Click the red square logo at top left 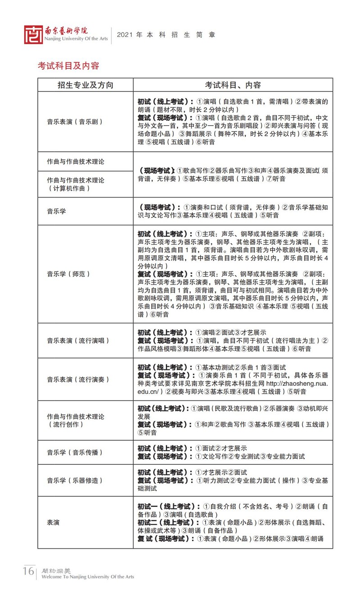click(33, 35)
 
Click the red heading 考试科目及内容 click(68, 66)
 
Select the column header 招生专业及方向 click(85, 85)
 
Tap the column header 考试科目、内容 click(233, 85)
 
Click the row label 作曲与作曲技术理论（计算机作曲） click(76, 184)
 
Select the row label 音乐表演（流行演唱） click(78, 341)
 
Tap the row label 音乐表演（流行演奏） click(78, 380)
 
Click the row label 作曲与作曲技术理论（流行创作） click(76, 421)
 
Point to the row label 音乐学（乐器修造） click(75, 480)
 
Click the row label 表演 click(54, 523)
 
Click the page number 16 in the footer click(28, 571)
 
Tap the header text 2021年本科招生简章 click(166, 35)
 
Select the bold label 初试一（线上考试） click(169, 507)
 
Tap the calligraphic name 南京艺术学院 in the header click(66, 31)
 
